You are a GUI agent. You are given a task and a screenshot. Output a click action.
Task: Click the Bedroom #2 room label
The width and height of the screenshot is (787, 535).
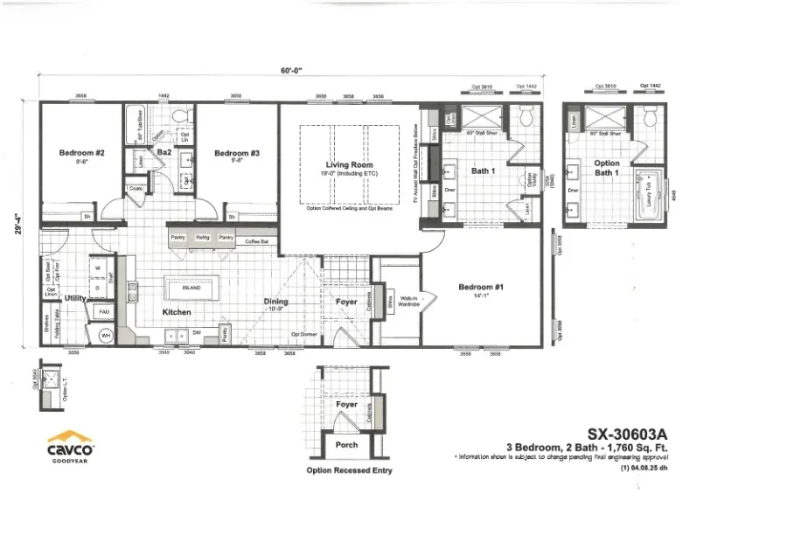pos(82,153)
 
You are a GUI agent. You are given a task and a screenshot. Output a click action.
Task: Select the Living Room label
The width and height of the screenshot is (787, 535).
pos(350,164)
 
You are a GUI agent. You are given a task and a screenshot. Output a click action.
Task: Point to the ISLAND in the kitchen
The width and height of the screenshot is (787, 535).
pos(191,287)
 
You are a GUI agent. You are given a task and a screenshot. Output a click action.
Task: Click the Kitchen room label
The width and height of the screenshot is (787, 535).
pos(176,312)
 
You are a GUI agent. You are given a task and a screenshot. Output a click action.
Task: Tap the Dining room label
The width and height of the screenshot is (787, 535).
pos(276,302)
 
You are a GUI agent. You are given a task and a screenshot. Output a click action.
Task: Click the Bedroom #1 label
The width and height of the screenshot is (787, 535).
pos(481,287)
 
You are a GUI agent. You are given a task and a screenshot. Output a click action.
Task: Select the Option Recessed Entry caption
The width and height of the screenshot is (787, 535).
pos(349,470)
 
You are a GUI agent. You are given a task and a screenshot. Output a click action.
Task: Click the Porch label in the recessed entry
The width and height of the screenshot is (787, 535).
pos(347,445)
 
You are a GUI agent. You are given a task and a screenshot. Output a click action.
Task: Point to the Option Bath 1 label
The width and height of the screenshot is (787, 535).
pos(607,168)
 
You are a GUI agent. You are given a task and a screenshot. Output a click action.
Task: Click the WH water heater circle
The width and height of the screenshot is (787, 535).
pos(106,335)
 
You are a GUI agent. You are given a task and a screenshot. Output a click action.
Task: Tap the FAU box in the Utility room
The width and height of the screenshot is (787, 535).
pos(103,311)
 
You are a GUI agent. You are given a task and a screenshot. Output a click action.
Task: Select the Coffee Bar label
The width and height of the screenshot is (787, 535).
pos(255,241)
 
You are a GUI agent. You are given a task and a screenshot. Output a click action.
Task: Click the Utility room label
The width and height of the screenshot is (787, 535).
pos(74,298)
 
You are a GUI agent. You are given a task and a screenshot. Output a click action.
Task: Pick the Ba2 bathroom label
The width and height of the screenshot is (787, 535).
pos(163,152)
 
